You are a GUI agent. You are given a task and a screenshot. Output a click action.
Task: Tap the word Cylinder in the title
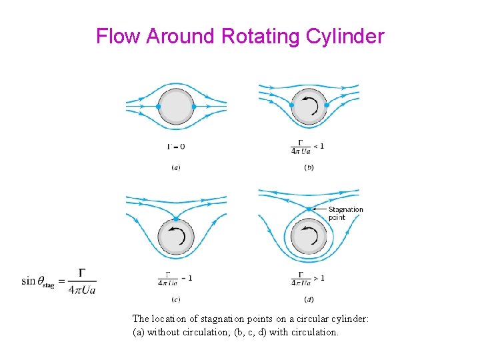[x=345, y=36]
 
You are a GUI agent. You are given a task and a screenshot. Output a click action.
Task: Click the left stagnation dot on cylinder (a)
[x=158, y=106]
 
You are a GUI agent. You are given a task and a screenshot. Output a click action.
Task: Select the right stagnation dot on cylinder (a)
[x=194, y=106]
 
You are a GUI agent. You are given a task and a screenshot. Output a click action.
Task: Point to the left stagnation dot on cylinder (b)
[x=291, y=105]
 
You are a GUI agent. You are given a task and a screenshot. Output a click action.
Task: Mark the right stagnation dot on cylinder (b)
[x=327, y=105]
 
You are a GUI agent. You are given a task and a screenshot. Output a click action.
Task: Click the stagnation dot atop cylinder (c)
[x=175, y=219]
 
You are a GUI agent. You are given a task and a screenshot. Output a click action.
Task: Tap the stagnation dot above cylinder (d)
[x=309, y=209]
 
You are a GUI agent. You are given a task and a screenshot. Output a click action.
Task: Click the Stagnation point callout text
[x=345, y=213]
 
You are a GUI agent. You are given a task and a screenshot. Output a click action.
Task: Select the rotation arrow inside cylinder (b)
[x=309, y=105]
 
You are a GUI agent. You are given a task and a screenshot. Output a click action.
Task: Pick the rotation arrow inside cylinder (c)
[x=176, y=235]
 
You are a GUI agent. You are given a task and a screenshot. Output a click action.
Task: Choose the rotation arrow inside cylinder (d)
[x=309, y=235]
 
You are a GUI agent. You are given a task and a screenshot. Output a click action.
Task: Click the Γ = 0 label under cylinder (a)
[x=175, y=146]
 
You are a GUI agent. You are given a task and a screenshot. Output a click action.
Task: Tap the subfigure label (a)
[x=175, y=167]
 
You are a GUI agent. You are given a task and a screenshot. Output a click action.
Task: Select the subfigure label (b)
[x=309, y=167]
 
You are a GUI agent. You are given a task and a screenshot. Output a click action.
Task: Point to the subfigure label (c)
[x=175, y=299]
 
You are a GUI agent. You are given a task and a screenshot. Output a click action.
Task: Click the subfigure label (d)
[x=309, y=299]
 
